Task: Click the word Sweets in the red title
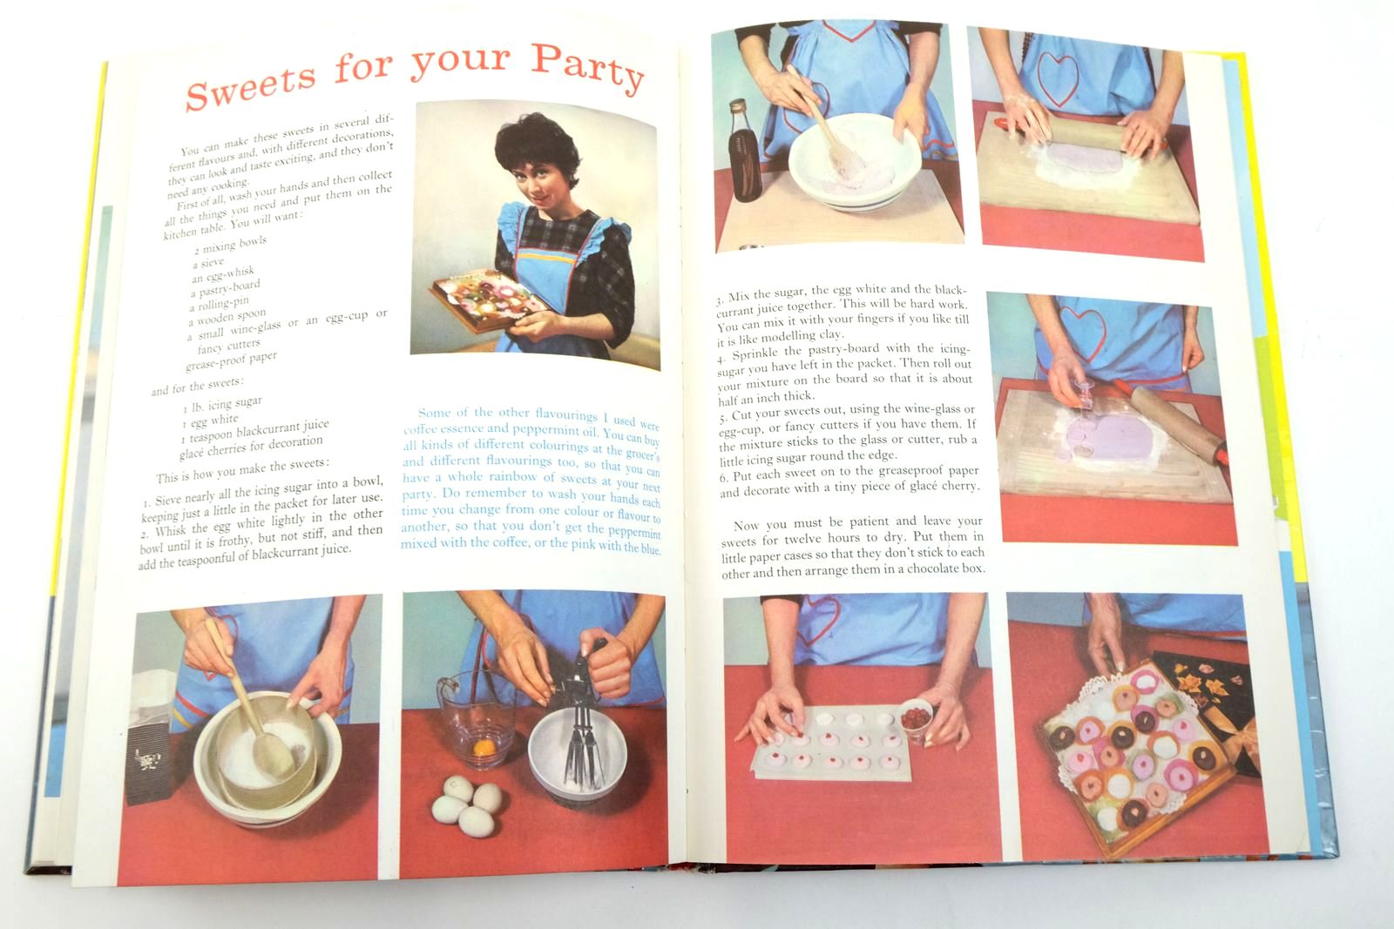[251, 84]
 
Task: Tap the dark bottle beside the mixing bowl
[745, 151]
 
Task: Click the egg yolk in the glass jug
[484, 747]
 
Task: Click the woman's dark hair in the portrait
[536, 147]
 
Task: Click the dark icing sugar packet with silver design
[148, 764]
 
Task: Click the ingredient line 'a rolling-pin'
[220, 305]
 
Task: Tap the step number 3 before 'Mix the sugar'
[719, 300]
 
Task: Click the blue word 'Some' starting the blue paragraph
[434, 413]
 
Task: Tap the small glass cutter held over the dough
[1081, 394]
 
